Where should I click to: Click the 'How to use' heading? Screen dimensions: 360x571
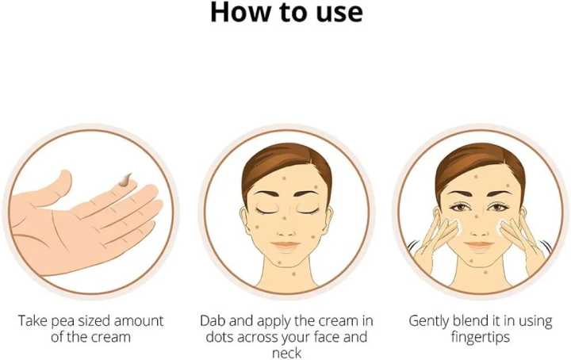[285, 13]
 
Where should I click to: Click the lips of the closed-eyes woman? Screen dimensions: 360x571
[286, 244]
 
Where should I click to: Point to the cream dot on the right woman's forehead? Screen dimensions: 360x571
[476, 176]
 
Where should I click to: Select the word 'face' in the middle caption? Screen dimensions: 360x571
[323, 337]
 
